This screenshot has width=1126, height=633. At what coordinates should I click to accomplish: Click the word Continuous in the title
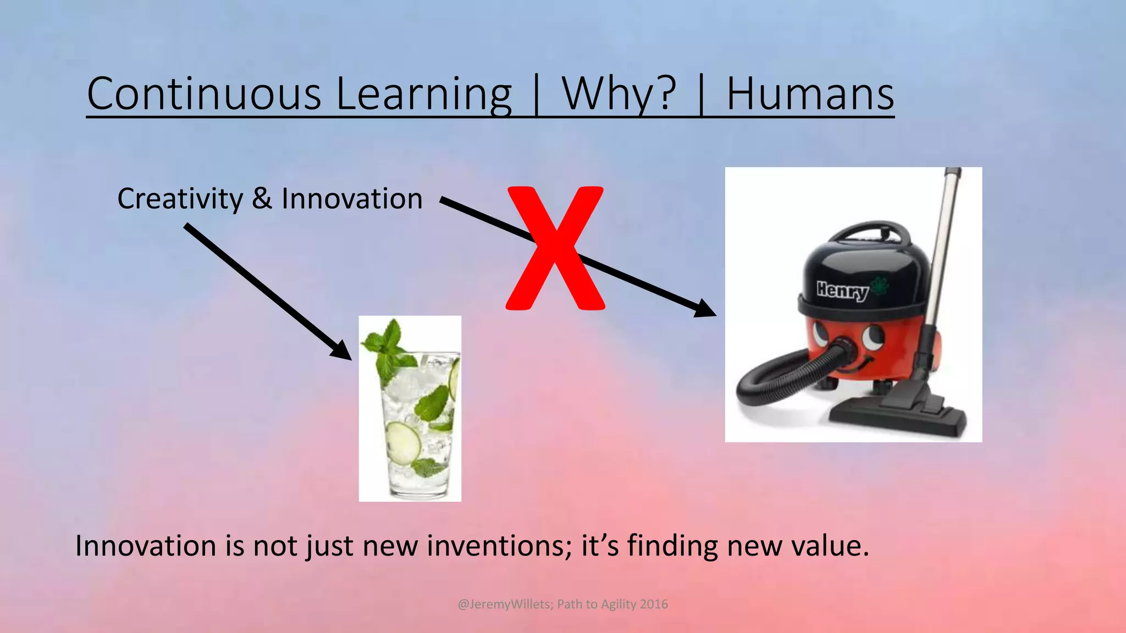(204, 94)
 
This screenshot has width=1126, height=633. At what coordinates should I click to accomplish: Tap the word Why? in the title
(619, 94)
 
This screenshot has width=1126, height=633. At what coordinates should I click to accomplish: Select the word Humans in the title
(810, 94)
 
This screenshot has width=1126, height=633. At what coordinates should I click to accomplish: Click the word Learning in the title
(423, 94)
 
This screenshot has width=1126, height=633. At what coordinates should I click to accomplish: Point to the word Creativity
(180, 199)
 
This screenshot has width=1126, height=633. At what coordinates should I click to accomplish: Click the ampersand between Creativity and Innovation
(262, 198)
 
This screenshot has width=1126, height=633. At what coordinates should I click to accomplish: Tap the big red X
(555, 248)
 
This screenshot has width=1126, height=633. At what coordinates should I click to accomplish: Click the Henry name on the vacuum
(842, 290)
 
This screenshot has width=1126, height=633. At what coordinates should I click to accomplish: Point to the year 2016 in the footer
(654, 604)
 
